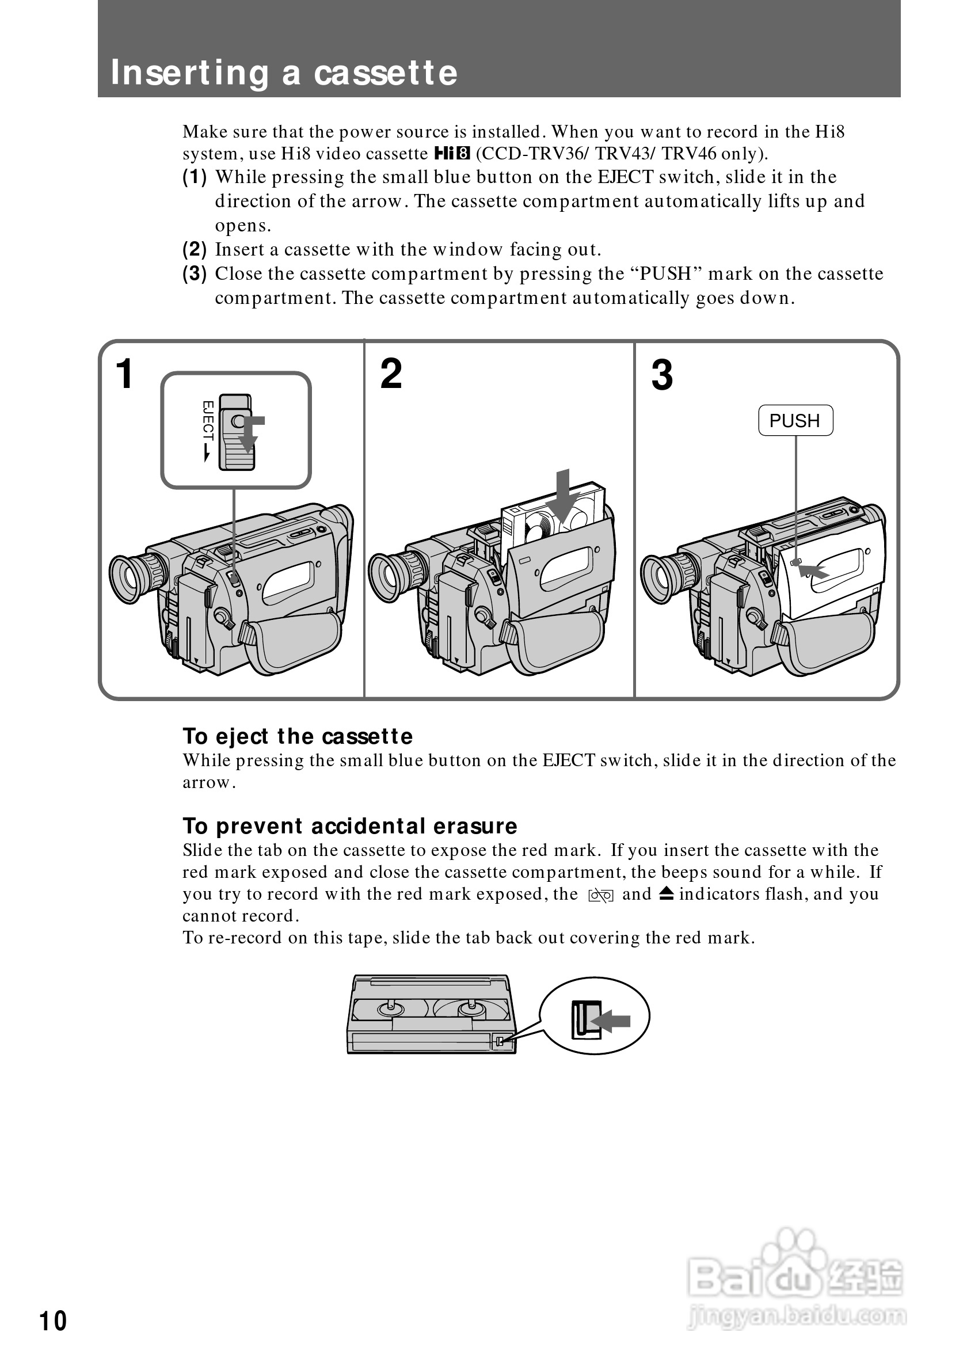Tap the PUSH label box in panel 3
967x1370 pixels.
[x=795, y=421]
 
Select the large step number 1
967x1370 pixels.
[x=124, y=374]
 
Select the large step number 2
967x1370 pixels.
[x=391, y=374]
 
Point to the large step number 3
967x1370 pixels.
[x=662, y=375]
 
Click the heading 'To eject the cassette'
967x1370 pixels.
[x=297, y=736]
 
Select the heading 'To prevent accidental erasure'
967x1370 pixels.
[x=349, y=826]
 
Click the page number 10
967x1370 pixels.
[x=53, y=1321]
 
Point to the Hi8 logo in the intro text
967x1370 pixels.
[x=452, y=154]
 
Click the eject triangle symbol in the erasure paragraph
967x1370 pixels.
[x=667, y=893]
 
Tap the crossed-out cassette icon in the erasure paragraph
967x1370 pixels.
[x=600, y=895]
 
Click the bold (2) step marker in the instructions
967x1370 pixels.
[x=195, y=249]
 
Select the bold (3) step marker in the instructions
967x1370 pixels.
[x=195, y=274]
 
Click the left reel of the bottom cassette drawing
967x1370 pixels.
[x=391, y=1009]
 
